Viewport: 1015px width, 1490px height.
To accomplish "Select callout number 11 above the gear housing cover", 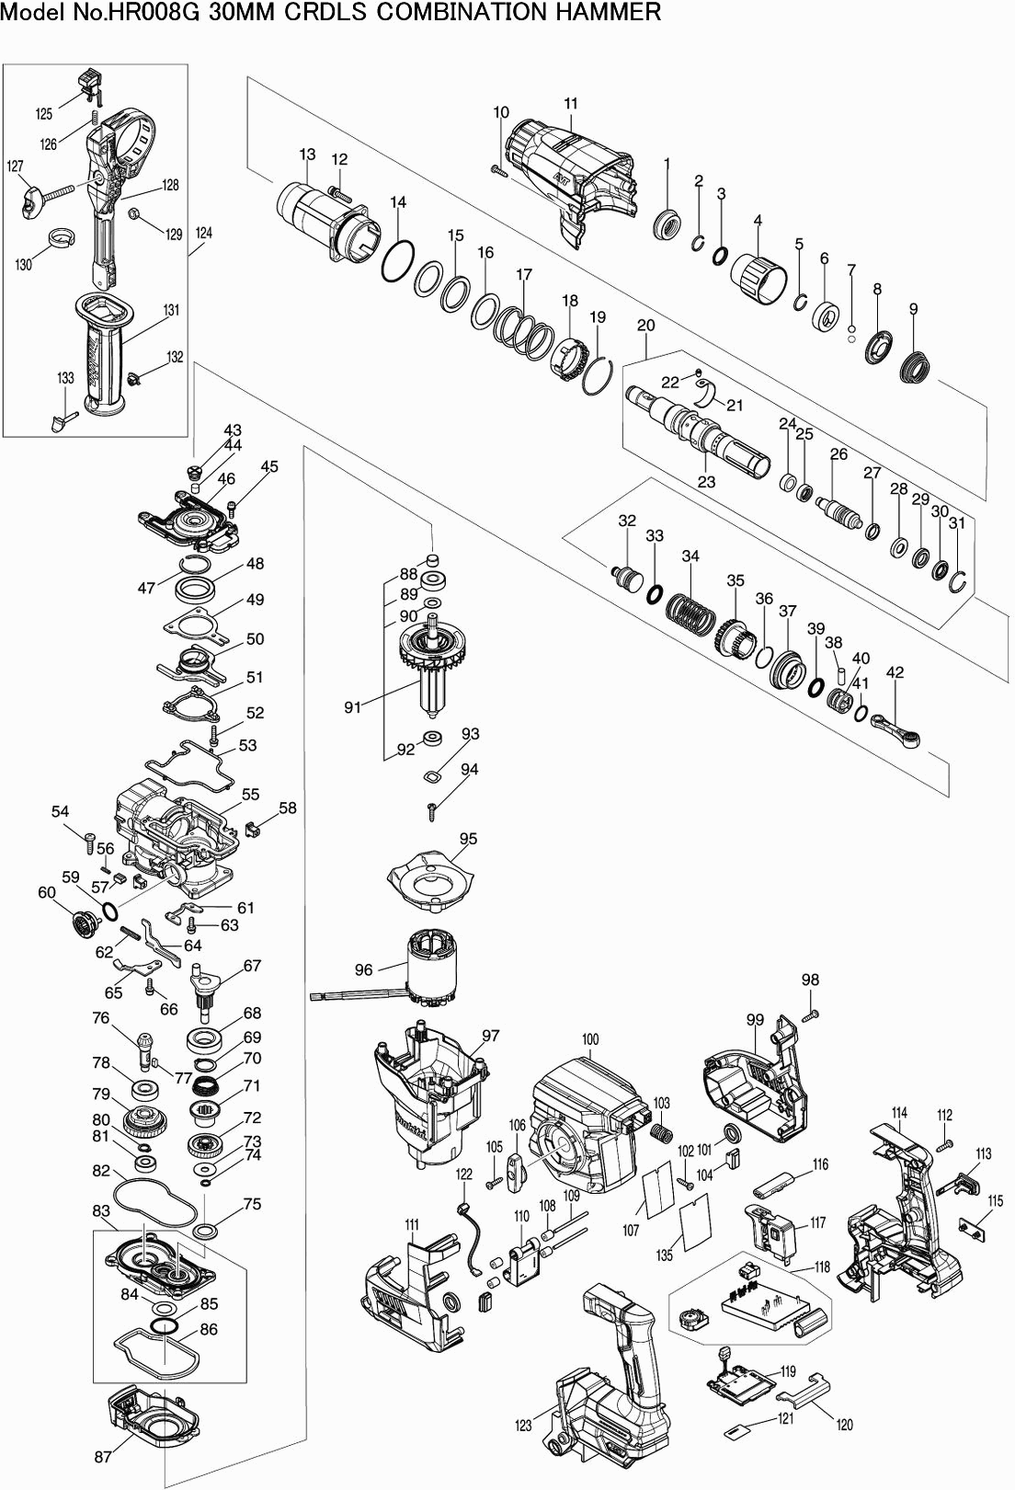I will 571,104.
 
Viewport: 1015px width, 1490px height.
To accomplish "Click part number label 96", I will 364,969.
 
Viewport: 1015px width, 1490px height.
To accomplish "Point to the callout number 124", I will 204,234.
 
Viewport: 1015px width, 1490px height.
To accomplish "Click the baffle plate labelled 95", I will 431,877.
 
